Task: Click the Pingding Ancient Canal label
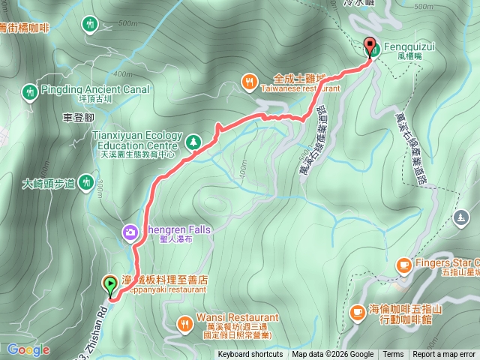click(96, 90)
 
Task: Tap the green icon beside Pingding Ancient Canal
click(30, 91)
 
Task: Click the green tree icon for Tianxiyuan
click(193, 140)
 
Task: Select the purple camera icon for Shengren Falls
click(130, 232)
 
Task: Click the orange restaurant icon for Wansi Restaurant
click(184, 323)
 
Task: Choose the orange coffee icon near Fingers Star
click(403, 265)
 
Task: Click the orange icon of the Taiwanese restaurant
click(249, 80)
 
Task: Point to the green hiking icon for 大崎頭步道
click(86, 181)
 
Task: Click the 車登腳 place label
click(79, 118)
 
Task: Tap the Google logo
click(28, 349)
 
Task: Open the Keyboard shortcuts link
click(250, 355)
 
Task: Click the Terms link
click(393, 355)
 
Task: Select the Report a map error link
click(444, 355)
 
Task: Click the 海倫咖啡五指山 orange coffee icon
click(357, 310)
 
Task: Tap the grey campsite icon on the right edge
click(460, 217)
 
